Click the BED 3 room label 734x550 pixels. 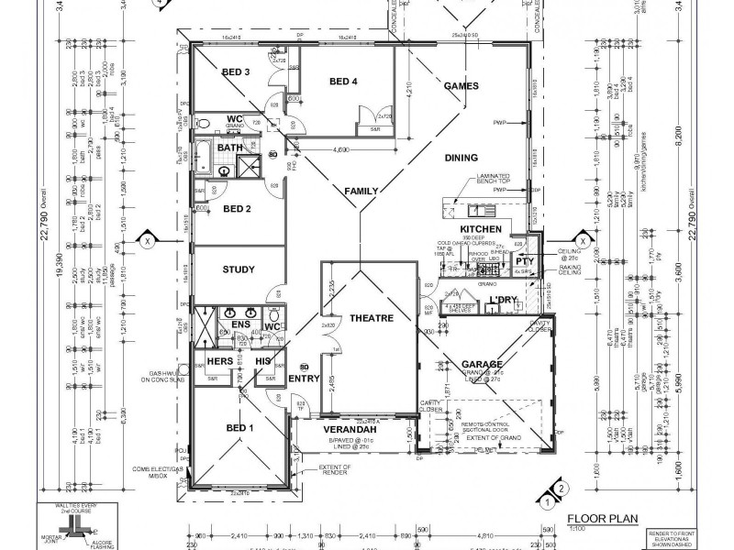236,71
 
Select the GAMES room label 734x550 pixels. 462,85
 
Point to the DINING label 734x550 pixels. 462,157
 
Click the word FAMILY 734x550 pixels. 361,191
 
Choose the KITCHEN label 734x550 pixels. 480,227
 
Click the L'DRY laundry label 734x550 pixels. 503,301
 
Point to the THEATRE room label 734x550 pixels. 371,318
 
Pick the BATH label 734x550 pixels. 230,148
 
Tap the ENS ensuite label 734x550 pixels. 240,324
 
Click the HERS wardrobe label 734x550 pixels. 218,362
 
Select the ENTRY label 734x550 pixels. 304,377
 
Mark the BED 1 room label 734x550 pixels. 240,426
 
